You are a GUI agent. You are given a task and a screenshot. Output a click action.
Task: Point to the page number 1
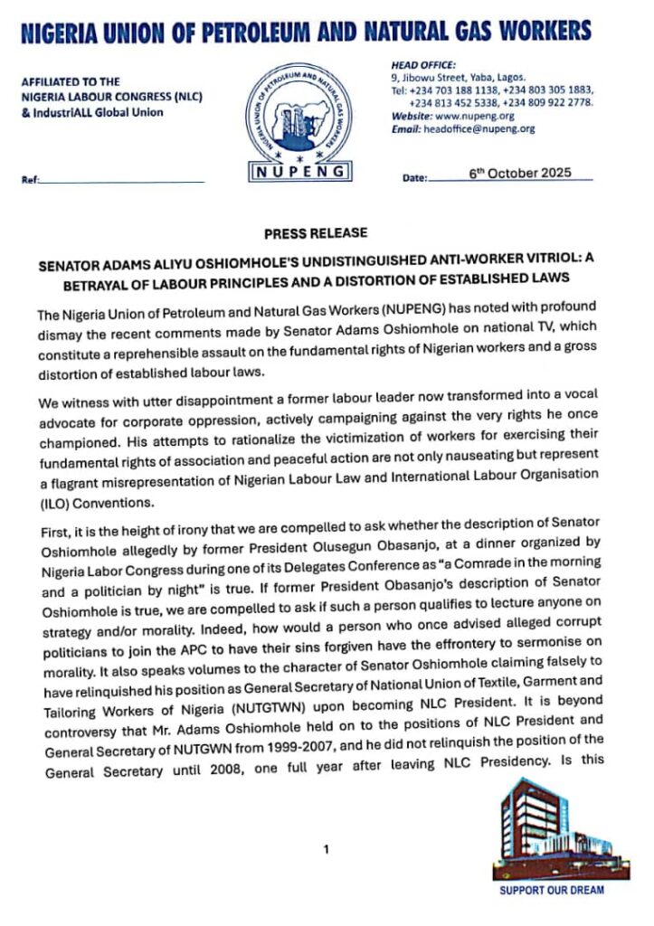click(327, 849)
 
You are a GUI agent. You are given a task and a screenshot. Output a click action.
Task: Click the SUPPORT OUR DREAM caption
click(552, 891)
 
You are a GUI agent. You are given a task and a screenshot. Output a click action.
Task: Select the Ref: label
click(30, 180)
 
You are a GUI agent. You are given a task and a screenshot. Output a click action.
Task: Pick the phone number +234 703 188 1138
click(451, 90)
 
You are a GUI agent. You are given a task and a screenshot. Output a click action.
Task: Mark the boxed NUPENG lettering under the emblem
click(299, 169)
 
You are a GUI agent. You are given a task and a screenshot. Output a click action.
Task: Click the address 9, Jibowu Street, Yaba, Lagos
click(451, 78)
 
